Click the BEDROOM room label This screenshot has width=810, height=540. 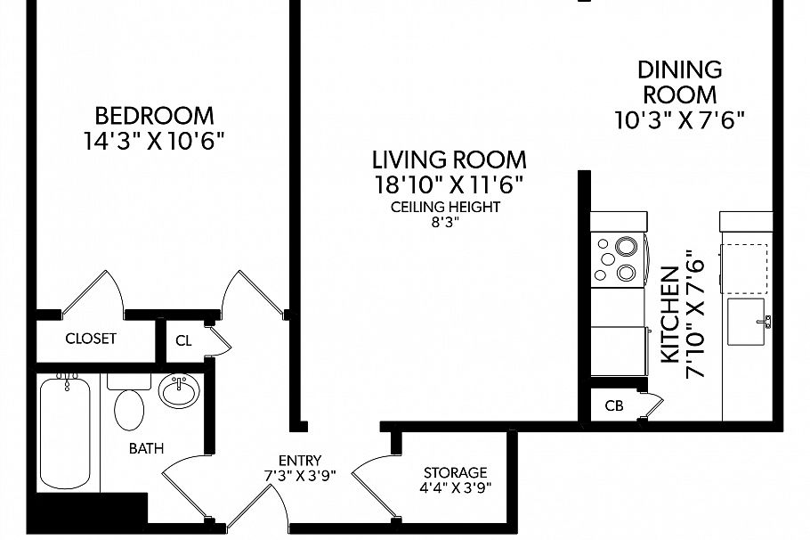154,116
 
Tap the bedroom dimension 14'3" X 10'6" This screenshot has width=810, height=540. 154,141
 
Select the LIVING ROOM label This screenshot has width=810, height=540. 449,160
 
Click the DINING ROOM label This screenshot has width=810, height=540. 679,81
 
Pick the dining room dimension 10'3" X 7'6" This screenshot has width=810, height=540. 679,119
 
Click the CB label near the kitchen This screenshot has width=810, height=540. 614,406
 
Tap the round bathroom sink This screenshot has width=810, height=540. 179,391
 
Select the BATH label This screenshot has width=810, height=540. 146,449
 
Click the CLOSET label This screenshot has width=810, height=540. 91,339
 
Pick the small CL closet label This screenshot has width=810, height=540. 183,340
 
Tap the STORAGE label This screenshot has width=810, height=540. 455,472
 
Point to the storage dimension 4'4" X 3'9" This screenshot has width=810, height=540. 455,487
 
